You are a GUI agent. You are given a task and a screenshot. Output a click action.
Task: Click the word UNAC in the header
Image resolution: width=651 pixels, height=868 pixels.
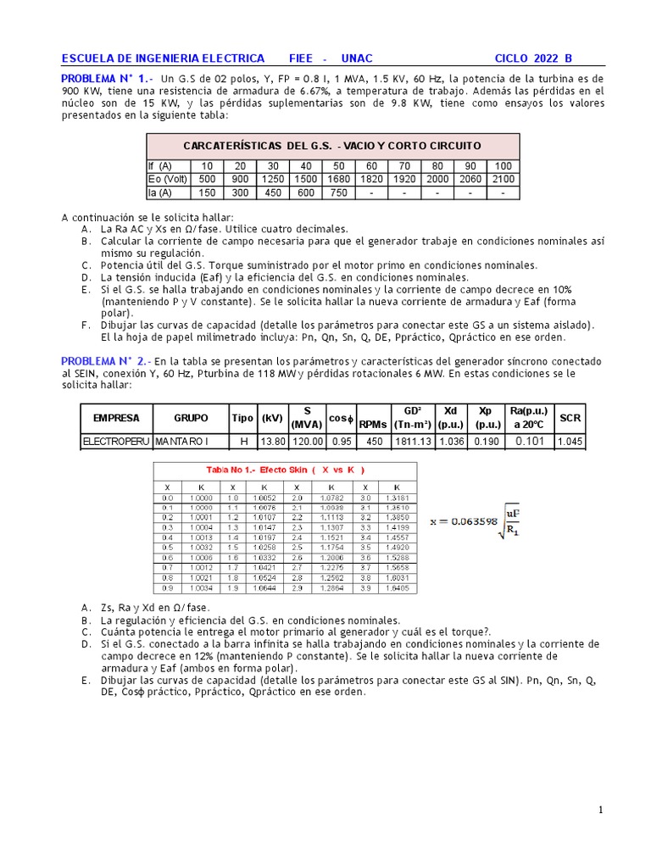click(x=356, y=58)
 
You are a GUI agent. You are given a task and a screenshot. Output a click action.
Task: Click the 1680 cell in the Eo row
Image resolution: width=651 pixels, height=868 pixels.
click(x=338, y=180)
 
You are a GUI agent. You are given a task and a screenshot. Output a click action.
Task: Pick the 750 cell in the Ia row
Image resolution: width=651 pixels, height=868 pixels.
click(x=338, y=192)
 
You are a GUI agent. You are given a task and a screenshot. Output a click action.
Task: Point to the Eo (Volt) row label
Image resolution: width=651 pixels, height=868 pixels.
click(x=168, y=180)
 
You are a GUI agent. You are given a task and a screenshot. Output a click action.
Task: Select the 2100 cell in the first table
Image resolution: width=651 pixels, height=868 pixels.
click(x=503, y=180)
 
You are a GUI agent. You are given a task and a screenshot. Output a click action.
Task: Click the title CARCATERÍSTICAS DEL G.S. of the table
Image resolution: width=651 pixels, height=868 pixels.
click(x=332, y=146)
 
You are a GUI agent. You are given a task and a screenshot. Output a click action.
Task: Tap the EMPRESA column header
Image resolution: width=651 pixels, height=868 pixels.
click(x=115, y=418)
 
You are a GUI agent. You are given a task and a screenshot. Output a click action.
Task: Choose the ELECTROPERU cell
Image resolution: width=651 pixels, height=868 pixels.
click(x=115, y=442)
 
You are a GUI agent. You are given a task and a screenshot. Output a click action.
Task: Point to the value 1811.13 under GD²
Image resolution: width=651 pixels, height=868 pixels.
click(x=413, y=442)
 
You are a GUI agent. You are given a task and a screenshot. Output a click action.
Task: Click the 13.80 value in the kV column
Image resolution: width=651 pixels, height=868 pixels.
click(x=272, y=442)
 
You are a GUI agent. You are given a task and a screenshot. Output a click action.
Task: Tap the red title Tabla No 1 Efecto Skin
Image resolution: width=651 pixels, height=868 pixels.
click(x=285, y=470)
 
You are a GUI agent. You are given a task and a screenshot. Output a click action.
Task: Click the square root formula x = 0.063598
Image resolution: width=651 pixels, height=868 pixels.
click(x=477, y=521)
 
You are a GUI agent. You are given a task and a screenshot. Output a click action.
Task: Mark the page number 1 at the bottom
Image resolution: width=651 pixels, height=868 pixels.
click(x=601, y=810)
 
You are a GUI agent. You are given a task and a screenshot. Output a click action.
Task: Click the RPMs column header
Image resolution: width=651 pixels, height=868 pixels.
click(x=372, y=424)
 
